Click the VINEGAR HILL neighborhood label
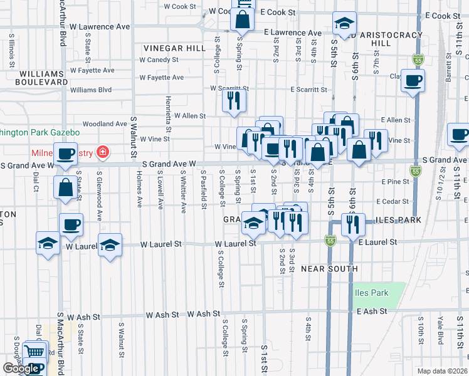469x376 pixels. tap(174, 48)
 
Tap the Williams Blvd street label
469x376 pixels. tap(91, 90)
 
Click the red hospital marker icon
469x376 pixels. tap(102, 152)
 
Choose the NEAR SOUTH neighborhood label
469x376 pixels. tap(329, 269)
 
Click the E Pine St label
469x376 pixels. tap(395, 181)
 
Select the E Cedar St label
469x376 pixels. tap(393, 201)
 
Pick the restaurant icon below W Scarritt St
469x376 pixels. tap(234, 100)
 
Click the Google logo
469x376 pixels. tap(21, 368)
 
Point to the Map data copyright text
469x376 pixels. tap(443, 371)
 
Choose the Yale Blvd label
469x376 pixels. tap(441, 330)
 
